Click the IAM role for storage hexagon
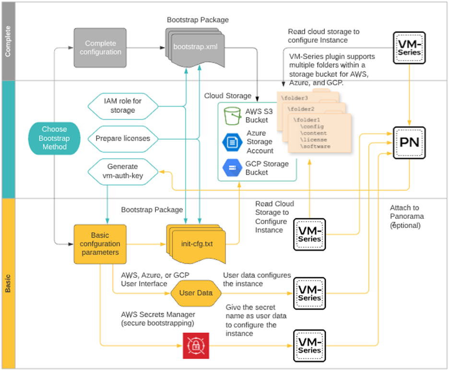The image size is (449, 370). pyautogui.click(x=123, y=106)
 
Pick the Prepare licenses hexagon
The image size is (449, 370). pyautogui.click(x=123, y=138)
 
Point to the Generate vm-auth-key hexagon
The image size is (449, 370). pyautogui.click(x=123, y=171)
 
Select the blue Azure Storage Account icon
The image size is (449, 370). pyautogui.click(x=233, y=142)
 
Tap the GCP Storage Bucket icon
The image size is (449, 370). pyautogui.click(x=233, y=168)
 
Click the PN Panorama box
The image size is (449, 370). pyautogui.click(x=409, y=143)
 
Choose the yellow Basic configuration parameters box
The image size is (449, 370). pyautogui.click(x=100, y=243)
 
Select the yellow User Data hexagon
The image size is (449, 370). pyautogui.click(x=196, y=293)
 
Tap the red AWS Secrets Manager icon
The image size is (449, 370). pyautogui.click(x=195, y=345)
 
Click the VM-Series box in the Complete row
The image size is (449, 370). pyautogui.click(x=409, y=48)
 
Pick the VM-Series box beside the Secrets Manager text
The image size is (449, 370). pyautogui.click(x=309, y=345)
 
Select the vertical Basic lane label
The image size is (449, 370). pyautogui.click(x=8, y=283)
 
